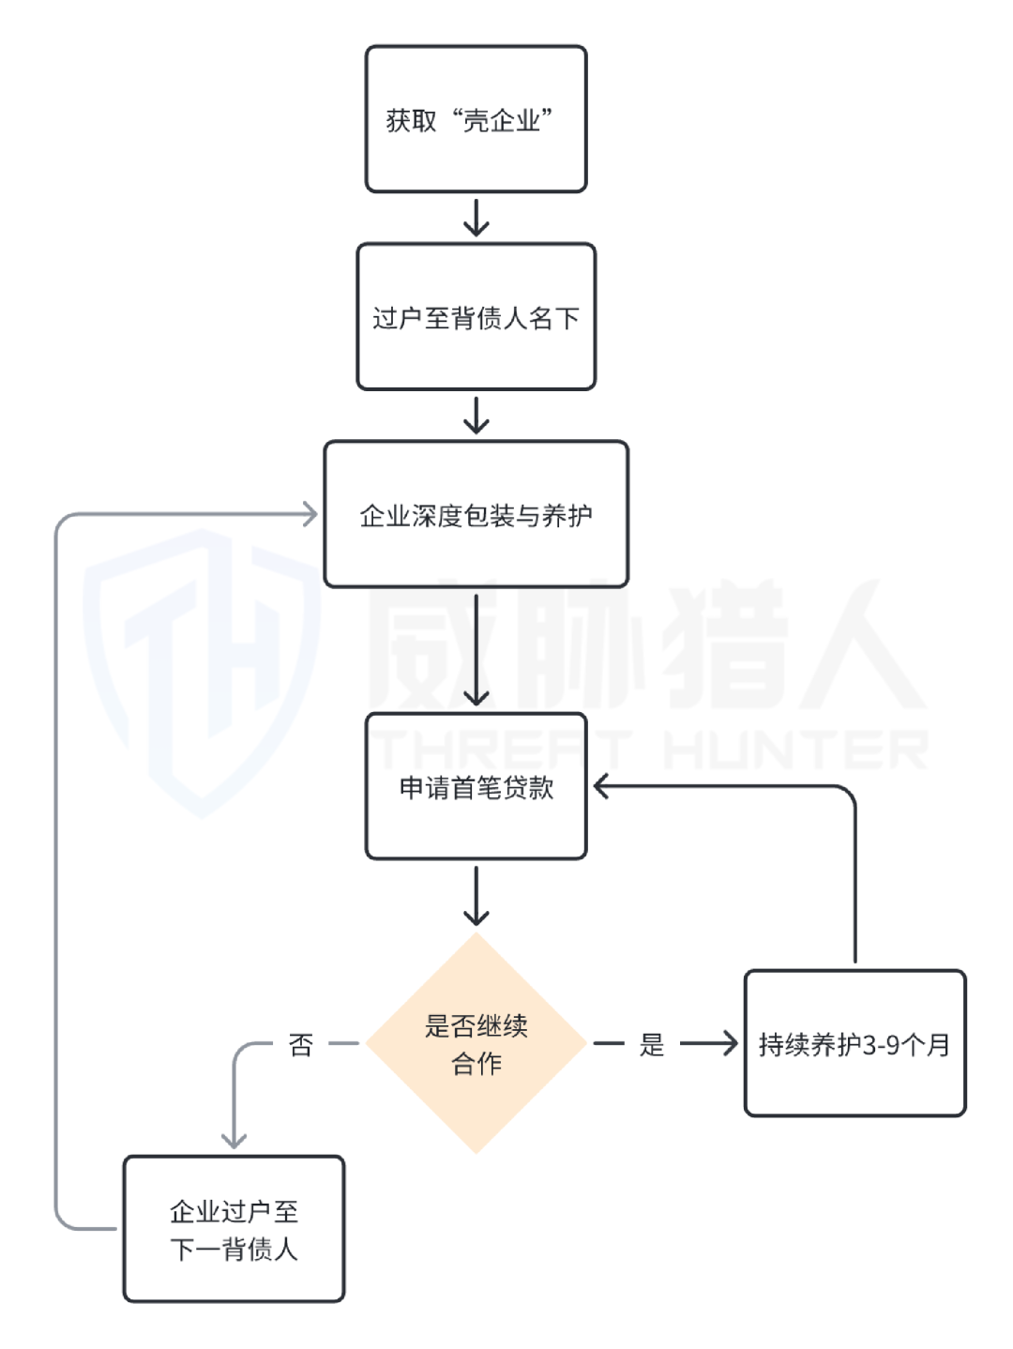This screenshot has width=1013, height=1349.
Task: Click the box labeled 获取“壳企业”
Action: click(476, 119)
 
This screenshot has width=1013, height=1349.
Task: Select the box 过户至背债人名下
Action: click(476, 317)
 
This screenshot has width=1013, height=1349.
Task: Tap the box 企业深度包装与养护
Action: click(476, 514)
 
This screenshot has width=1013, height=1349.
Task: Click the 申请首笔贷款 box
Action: click(476, 786)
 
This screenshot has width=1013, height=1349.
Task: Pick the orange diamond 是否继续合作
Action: click(476, 1042)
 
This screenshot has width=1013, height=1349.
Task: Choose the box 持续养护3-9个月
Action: click(854, 1043)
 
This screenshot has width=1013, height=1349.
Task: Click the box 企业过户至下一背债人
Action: click(234, 1229)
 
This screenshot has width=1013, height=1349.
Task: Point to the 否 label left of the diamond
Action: click(300, 1044)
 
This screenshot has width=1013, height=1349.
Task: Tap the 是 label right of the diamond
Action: click(652, 1044)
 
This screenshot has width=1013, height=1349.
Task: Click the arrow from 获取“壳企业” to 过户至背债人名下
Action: click(476, 218)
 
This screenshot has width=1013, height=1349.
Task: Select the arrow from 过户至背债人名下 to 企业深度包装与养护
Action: click(476, 416)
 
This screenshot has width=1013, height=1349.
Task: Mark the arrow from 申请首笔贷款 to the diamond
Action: click(476, 896)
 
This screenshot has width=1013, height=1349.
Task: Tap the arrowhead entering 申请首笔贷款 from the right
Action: click(602, 786)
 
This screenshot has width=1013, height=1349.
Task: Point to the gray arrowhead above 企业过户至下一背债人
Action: click(234, 1138)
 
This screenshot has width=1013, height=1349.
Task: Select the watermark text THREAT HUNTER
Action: click(647, 750)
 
